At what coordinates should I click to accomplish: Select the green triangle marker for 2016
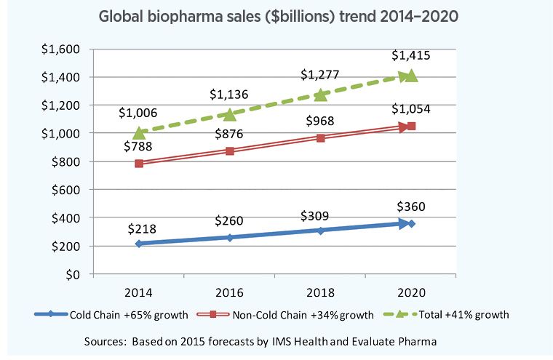pos(230,114)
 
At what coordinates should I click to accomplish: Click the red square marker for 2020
pos(412,127)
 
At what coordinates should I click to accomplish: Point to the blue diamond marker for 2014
pos(139,244)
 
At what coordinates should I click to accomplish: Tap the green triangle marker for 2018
pos(321,95)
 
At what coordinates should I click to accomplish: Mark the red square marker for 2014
pos(139,164)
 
